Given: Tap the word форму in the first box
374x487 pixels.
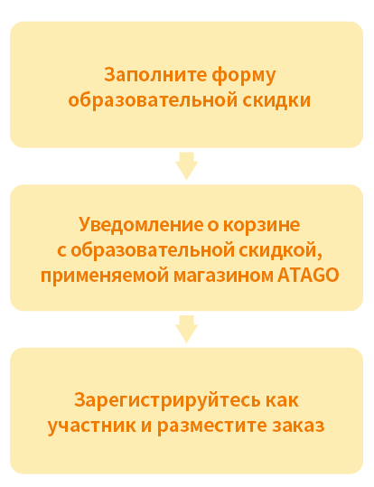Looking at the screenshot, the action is [244, 76].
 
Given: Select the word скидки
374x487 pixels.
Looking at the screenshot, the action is [276, 100].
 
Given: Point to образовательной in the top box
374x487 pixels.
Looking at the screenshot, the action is [153, 100].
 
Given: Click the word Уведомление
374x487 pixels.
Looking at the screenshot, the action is [140, 225].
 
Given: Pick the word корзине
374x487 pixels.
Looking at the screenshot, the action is [262, 225].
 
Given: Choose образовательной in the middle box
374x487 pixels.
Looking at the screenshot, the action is [152, 250].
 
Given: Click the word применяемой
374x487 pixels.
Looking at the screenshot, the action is [105, 276].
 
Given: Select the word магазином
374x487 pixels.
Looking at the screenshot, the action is [223, 276].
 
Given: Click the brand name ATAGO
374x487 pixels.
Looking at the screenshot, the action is [308, 276].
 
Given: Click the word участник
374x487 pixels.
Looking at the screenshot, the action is [91, 426].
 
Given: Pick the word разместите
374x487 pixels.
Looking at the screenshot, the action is [212, 426].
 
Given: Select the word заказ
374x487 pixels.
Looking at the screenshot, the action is [298, 426].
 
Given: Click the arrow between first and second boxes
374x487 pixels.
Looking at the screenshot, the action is [187, 165].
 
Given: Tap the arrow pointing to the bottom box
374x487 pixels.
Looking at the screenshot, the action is [187, 329].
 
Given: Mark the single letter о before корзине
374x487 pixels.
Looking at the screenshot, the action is [213, 225].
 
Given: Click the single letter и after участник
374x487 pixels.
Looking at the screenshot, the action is [146, 426].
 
